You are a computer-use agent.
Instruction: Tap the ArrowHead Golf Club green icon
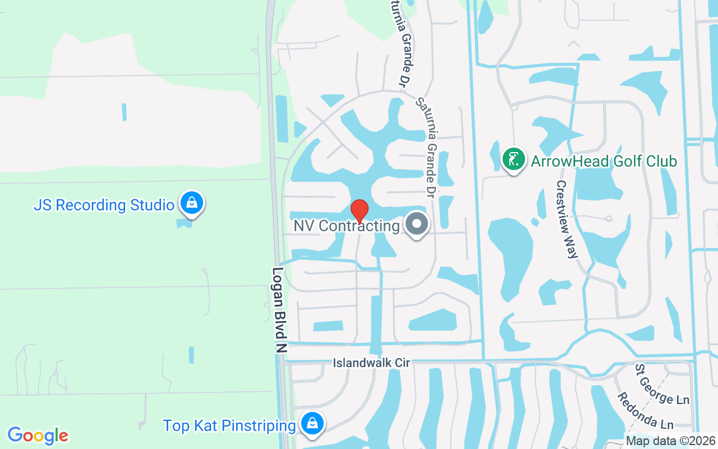point(513,159)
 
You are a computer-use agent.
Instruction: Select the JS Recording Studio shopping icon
point(192,203)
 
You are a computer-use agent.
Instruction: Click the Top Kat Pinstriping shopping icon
point(312,424)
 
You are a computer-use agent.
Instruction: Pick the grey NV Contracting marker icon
point(416,224)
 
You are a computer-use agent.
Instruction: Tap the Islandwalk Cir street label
point(371,363)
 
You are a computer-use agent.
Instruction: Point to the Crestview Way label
point(566,219)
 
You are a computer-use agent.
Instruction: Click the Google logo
point(38,436)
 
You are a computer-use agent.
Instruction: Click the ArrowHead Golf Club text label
point(604,162)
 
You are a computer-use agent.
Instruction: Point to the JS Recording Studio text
point(104,205)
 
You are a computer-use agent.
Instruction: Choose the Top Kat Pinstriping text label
point(229,426)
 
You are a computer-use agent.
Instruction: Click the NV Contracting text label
point(347,226)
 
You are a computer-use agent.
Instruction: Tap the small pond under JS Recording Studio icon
point(183,223)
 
